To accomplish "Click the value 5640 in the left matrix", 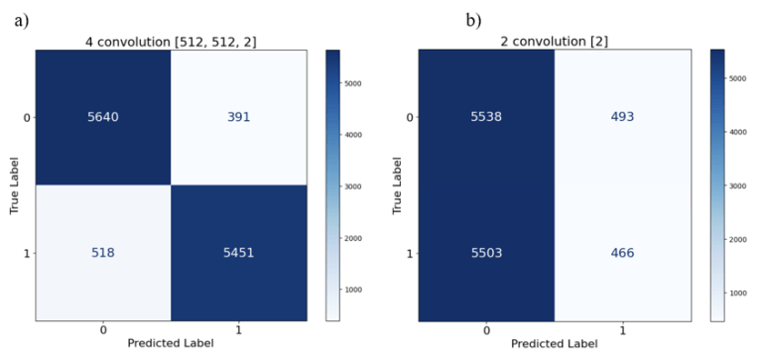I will coord(104,117).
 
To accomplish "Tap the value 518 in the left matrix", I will coord(104,253).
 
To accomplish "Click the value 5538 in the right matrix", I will coord(485,117).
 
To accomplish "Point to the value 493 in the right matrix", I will coord(621,117).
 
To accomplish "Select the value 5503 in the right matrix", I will coord(485,253).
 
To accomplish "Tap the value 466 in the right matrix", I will coord(621,253).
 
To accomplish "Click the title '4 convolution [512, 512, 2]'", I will coord(172,41).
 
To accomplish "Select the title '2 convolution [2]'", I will coord(553,41).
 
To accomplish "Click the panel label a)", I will coord(21,20).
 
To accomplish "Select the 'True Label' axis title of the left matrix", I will coord(14,185).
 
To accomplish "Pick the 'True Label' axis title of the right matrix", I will coord(396,185).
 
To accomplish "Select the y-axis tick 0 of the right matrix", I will coord(409,117).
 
